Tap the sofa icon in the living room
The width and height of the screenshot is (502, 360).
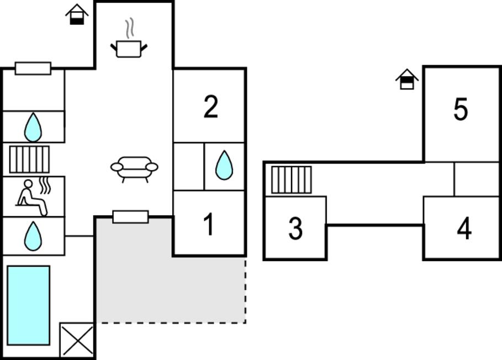tap(134, 168)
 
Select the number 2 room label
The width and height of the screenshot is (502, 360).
tap(210, 107)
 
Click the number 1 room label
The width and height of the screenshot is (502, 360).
tap(209, 225)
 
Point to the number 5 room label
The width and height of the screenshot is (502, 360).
tap(461, 109)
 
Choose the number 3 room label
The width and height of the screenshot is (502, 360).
tap(295, 229)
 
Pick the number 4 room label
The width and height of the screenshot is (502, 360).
tap(464, 229)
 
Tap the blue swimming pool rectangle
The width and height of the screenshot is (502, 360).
tap(28, 305)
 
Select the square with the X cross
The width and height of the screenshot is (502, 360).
tap(77, 340)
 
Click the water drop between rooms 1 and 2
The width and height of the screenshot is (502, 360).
tap(224, 165)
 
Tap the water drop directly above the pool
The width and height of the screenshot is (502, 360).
tap(33, 236)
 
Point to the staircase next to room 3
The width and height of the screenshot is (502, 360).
tap(291, 180)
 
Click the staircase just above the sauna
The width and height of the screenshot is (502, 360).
tap(29, 160)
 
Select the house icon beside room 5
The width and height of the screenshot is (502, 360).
tap(407, 80)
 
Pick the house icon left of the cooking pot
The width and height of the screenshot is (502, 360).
tap(77, 14)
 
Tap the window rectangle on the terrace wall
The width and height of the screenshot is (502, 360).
tap(130, 216)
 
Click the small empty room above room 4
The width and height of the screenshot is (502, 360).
tap(477, 179)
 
